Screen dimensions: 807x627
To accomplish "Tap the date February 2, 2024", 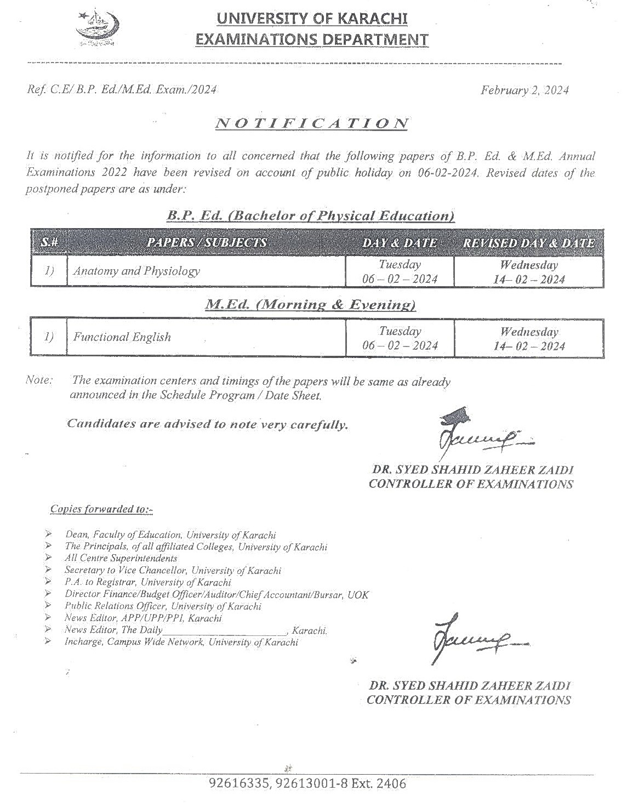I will pos(525,90).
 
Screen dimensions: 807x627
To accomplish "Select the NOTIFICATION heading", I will pos(312,123).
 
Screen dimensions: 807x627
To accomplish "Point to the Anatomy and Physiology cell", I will pos(136,271).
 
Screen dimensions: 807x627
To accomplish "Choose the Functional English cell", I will pos(122,337).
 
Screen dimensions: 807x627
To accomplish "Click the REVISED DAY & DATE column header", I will pos(529,243).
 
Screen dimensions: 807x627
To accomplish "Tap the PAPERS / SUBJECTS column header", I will pos(207,242).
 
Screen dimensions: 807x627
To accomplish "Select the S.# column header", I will pos(49,242).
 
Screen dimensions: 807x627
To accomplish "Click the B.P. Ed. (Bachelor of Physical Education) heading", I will pos(311,215).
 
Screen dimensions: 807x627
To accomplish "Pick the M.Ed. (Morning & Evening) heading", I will pos(310,304).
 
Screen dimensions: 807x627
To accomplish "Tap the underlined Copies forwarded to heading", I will pos(101,509).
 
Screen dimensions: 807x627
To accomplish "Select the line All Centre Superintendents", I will pos(121,558).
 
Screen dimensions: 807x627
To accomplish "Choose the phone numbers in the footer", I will pos(307,783).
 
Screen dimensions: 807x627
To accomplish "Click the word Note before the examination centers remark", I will pos(39,380).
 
